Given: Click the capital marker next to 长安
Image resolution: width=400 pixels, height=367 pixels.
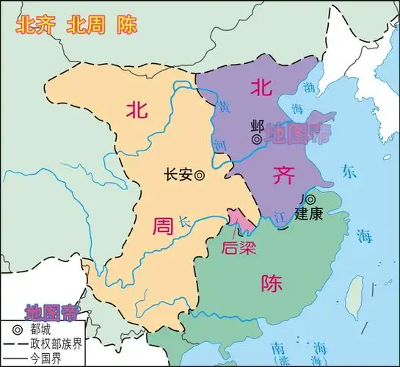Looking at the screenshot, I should click(x=199, y=175).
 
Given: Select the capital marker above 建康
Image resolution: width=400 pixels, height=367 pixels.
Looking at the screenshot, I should click(x=310, y=199).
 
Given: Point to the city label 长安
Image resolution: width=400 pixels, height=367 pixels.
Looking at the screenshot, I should click(x=178, y=175).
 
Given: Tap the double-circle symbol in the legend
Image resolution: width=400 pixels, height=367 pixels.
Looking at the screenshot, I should click(x=15, y=330).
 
